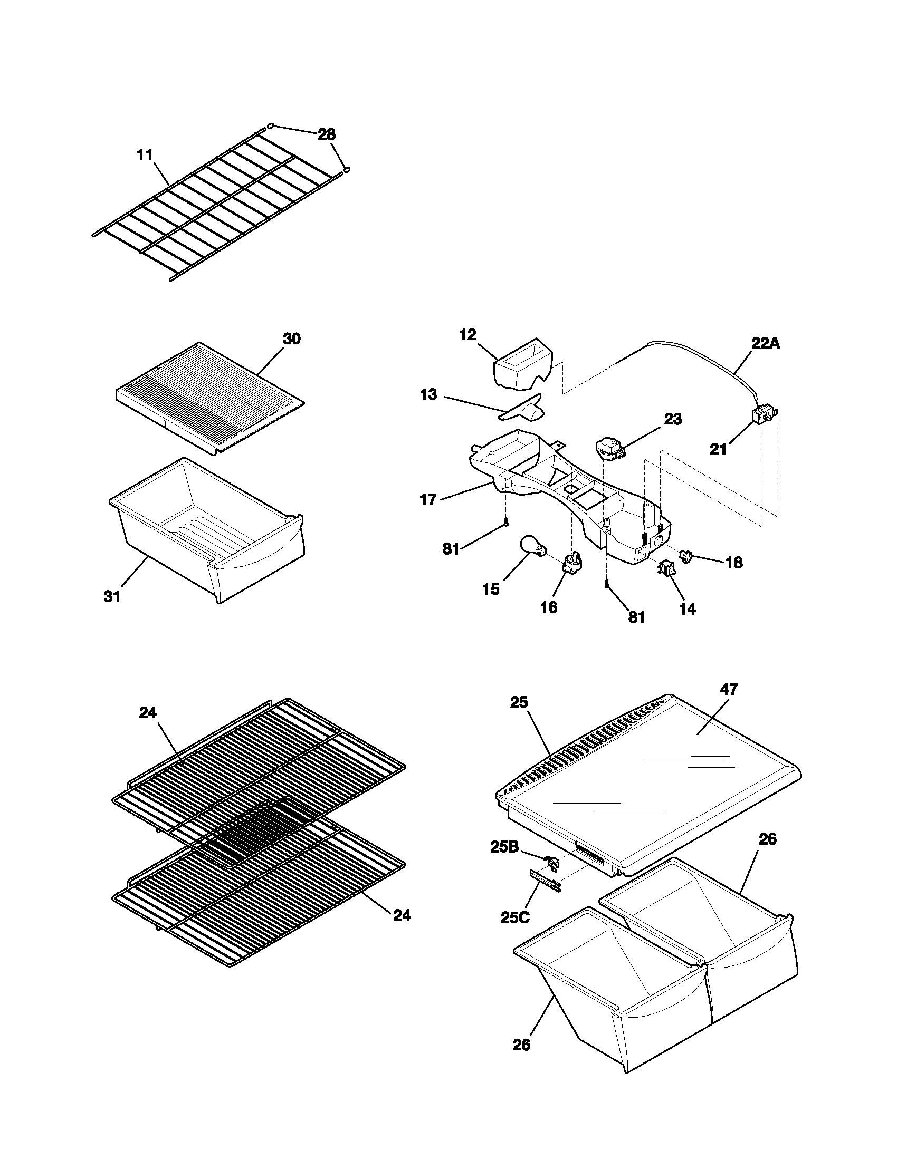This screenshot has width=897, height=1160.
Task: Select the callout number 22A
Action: pyautogui.click(x=766, y=343)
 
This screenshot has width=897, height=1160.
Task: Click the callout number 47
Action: pyautogui.click(x=729, y=690)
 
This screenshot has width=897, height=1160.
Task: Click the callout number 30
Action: pyautogui.click(x=291, y=339)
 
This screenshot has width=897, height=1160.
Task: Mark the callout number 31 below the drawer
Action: pyautogui.click(x=112, y=596)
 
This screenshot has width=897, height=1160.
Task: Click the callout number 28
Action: pyautogui.click(x=327, y=134)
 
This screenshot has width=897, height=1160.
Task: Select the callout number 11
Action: pyautogui.click(x=145, y=155)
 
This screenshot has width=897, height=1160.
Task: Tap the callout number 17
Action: pyautogui.click(x=428, y=500)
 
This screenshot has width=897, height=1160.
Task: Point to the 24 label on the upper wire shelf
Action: pyautogui.click(x=148, y=713)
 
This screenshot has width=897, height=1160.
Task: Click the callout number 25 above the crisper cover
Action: pyautogui.click(x=519, y=702)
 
